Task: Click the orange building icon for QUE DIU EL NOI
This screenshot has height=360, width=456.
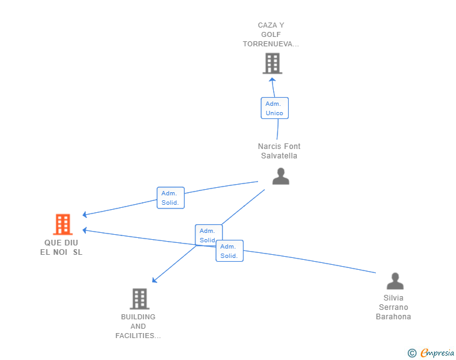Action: [x=63, y=224]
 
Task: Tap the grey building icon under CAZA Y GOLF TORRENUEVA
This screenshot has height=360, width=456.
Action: [x=272, y=63]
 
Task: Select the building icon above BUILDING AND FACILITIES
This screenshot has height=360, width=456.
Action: [x=140, y=299]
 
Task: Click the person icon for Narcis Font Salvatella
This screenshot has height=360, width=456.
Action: [x=281, y=176]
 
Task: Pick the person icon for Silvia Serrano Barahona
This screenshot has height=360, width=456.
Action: [x=395, y=281]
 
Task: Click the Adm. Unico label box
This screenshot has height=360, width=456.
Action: [x=274, y=108]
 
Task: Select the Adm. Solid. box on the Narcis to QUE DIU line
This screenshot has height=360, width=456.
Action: [x=171, y=198]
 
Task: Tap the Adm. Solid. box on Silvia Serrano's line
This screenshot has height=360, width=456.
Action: [x=229, y=250]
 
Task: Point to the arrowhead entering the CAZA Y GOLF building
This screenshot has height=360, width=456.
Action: [x=272, y=80]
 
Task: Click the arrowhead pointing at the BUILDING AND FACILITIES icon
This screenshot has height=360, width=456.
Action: [x=155, y=280]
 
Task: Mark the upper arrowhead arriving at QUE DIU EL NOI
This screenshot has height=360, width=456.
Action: [x=85, y=215]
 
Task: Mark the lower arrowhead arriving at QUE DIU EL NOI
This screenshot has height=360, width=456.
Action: [x=85, y=230]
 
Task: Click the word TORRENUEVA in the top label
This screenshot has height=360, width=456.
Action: [x=271, y=44]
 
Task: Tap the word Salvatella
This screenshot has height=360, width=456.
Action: [x=279, y=156]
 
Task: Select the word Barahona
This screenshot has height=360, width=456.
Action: [x=393, y=317]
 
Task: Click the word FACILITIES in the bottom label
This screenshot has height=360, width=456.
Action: [x=138, y=336]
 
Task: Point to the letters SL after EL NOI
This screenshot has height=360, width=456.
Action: [x=78, y=252]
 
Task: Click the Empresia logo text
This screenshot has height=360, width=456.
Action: [x=437, y=353]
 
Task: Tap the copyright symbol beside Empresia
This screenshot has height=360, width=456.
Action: [x=412, y=353]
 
